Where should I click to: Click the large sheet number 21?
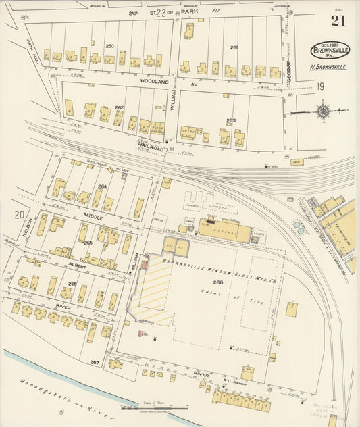click(x=338, y=21)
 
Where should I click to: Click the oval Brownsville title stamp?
click(x=330, y=51)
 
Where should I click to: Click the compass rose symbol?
click(x=324, y=111)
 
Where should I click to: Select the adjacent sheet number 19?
click(x=320, y=86)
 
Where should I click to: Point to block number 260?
click(x=109, y=46)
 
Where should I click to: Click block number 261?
click(x=234, y=47)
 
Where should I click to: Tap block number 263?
click(x=231, y=121)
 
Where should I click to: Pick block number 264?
click(x=102, y=186)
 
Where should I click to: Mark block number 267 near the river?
click(x=95, y=362)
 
